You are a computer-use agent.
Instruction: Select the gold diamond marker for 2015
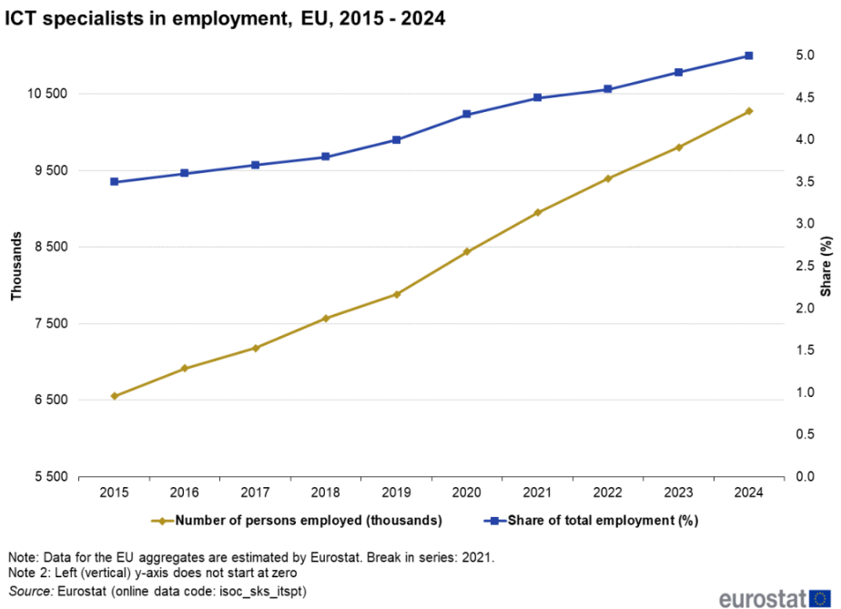(115, 396)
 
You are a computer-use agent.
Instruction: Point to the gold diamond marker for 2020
(467, 251)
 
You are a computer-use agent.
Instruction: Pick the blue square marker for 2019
(397, 139)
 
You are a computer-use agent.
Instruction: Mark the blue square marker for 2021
(538, 97)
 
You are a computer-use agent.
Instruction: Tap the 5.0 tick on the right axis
(805, 56)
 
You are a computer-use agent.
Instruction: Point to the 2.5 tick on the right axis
(805, 266)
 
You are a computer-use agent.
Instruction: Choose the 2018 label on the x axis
(326, 493)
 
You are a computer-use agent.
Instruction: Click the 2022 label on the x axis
(608, 493)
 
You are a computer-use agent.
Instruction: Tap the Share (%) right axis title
(826, 266)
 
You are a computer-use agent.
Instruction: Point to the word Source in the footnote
(29, 592)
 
